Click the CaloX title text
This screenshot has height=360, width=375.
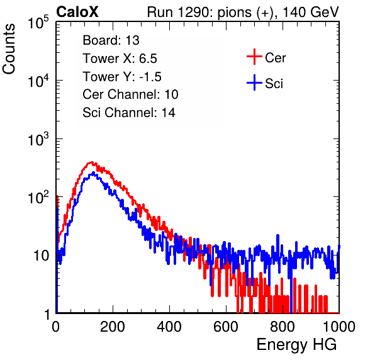click(77, 12)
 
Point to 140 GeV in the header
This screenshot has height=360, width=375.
click(311, 12)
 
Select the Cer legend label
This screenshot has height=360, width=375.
click(275, 58)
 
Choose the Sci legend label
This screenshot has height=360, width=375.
click(274, 84)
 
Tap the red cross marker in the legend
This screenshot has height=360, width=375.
click(254, 57)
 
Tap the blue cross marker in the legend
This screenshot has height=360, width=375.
click(254, 82)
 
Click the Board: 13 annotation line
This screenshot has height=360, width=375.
click(111, 40)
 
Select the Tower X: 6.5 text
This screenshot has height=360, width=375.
click(120, 59)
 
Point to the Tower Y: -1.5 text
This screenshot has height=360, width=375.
click(122, 77)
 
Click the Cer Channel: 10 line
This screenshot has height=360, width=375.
click(130, 94)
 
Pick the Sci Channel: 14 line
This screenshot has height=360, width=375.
click(129, 113)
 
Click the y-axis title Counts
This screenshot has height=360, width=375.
click(9, 49)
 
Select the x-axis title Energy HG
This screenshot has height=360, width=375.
click(296, 345)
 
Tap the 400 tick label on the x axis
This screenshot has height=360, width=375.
click(169, 327)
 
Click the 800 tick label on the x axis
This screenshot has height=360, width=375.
click(283, 327)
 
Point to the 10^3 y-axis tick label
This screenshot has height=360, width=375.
click(38, 138)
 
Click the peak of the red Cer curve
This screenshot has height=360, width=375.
click(92, 162)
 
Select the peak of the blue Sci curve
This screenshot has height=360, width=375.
click(93, 172)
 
